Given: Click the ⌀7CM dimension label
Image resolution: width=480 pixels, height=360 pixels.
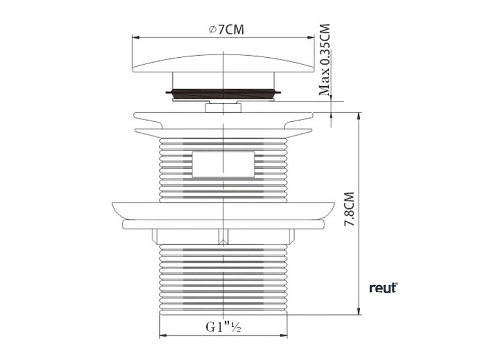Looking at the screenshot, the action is click(x=226, y=30).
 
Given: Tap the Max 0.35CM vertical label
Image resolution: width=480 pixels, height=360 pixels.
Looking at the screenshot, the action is click(x=324, y=60).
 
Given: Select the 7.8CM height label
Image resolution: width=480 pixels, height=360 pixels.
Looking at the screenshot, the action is click(x=349, y=209).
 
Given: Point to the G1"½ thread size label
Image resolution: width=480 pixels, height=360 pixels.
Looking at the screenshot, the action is click(x=223, y=327).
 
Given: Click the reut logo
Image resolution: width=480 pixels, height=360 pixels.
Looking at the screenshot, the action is click(x=383, y=288).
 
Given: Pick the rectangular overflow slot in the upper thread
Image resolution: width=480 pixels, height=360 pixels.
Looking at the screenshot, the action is click(x=223, y=164).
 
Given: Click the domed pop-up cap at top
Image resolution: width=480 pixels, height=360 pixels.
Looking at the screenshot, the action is click(x=223, y=63).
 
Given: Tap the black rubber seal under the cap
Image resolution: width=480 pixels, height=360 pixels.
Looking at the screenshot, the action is click(x=223, y=93).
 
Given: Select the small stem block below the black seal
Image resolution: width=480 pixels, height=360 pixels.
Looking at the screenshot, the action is click(x=223, y=107).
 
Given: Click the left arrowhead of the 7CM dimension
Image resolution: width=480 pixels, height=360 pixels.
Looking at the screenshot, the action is click(x=136, y=37).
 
